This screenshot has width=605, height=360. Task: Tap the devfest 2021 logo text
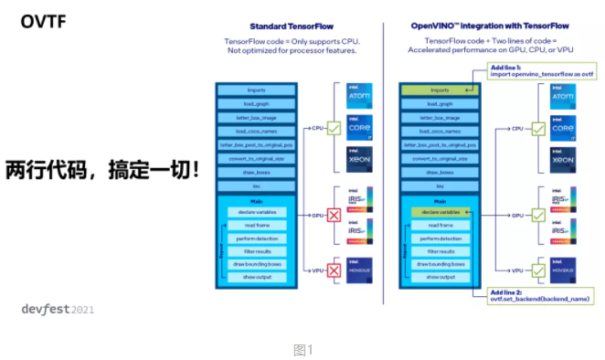pos(58,309)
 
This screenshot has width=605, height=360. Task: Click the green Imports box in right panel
pos(440,90)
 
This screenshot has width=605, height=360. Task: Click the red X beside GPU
pos(334,216)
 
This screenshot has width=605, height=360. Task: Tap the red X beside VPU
pos(334,270)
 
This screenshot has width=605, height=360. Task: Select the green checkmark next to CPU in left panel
pos(334,129)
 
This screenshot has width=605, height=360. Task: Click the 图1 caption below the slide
pos(302,349)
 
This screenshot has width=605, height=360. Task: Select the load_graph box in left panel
pos(256,103)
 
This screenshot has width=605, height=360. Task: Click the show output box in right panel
pos(440,276)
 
